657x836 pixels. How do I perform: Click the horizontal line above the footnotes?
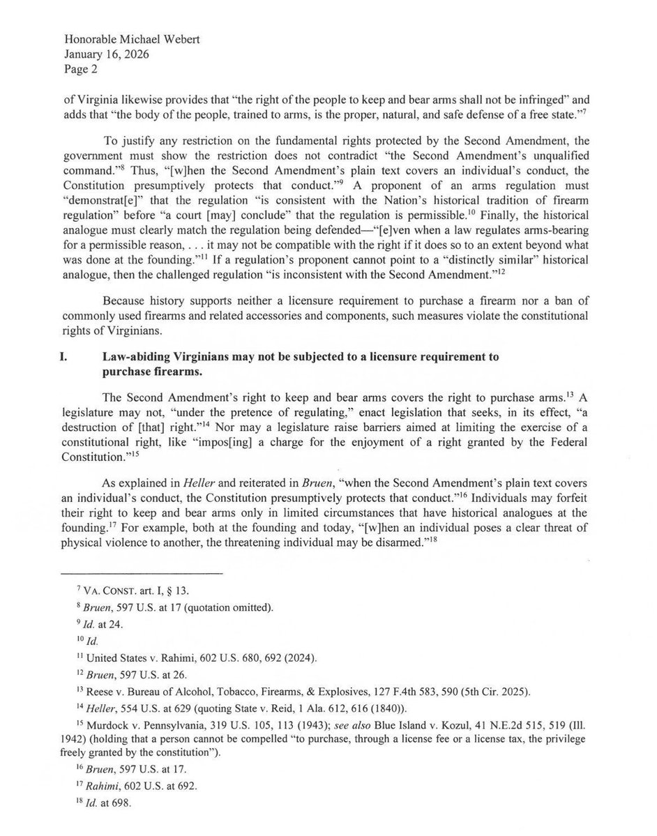click(x=142, y=574)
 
